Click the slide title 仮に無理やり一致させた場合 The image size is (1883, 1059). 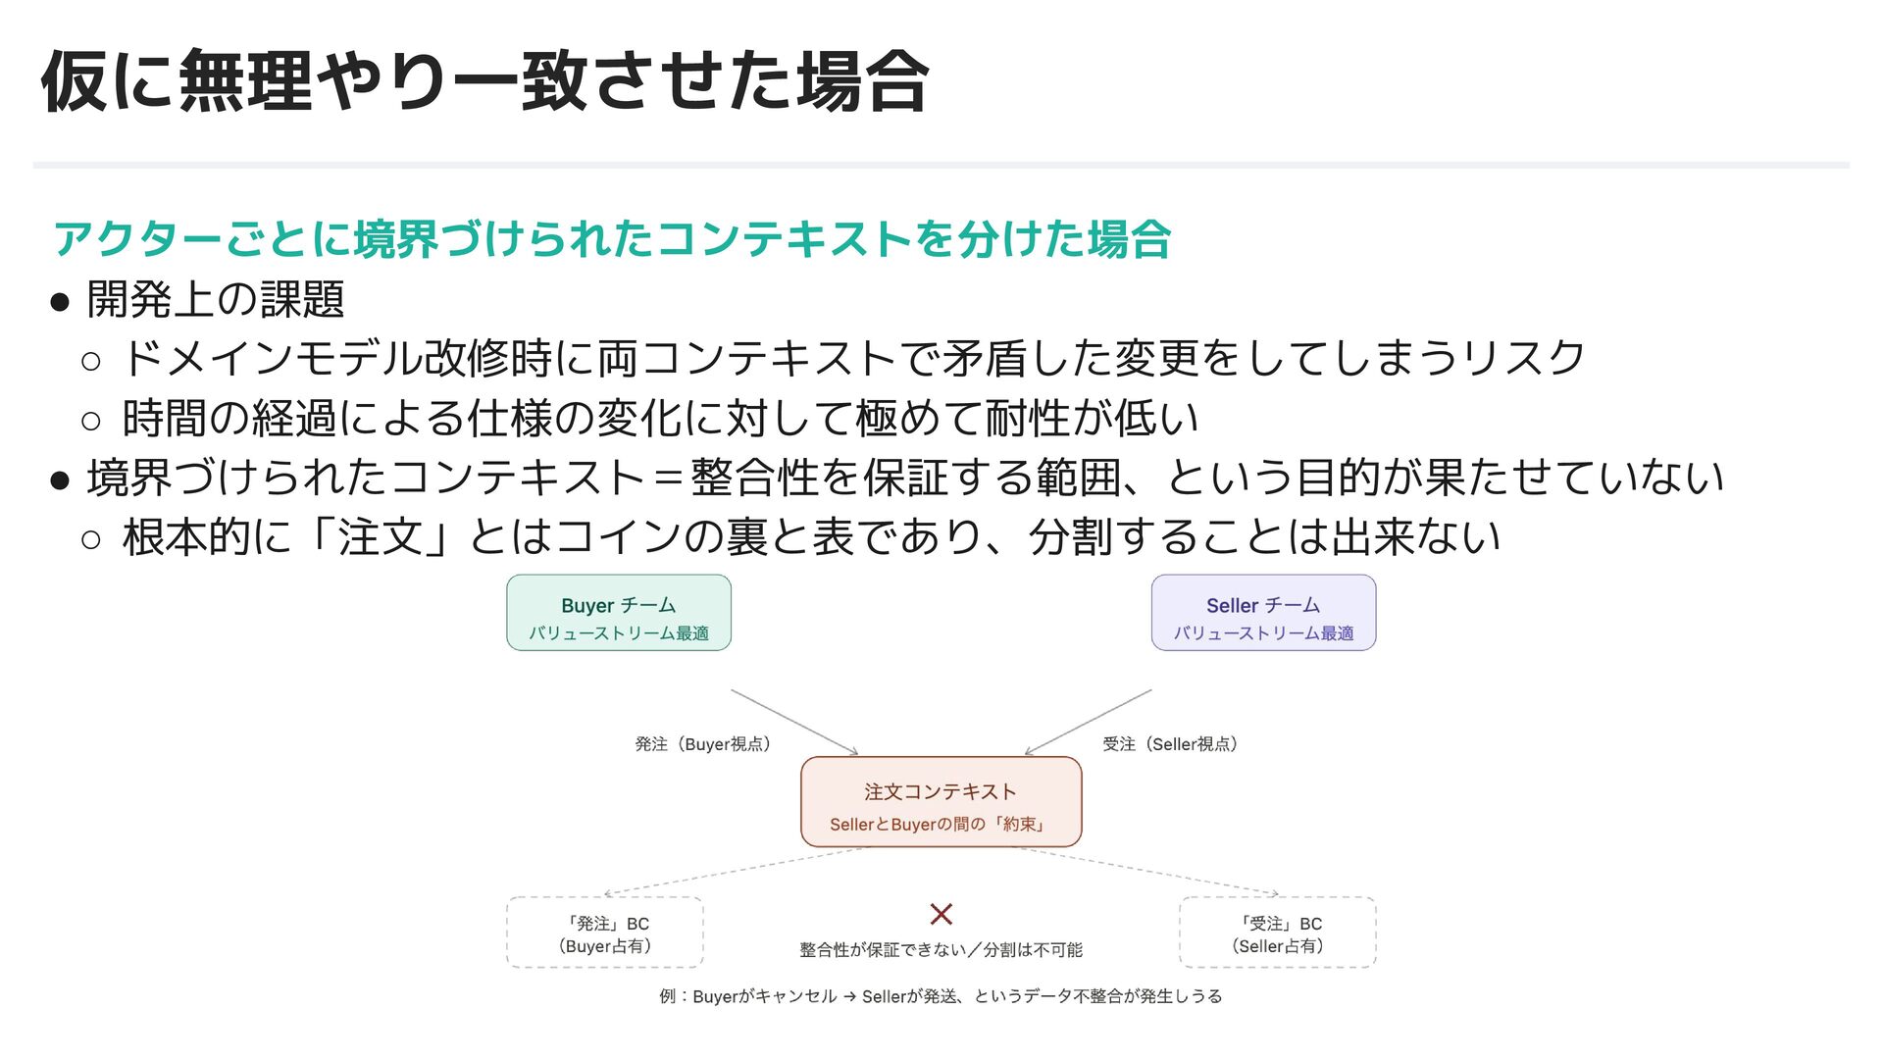tap(484, 82)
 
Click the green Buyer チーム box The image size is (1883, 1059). tap(618, 613)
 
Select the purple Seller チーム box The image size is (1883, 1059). tap(1263, 613)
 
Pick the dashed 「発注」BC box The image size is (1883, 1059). tap(605, 933)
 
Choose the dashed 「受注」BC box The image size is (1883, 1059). tap(1277, 933)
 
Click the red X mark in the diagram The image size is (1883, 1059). tap(941, 914)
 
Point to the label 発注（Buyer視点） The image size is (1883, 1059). tap(702, 744)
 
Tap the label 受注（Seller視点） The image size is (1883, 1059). tap(1170, 744)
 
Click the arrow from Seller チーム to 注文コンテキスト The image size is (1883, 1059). tap(1089, 721)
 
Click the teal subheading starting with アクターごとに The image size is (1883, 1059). tap(612, 239)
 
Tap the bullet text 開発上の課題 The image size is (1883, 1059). tap(216, 299)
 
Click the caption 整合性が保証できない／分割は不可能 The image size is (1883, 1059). tap(941, 949)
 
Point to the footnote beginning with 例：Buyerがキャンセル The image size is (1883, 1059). tap(941, 996)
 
